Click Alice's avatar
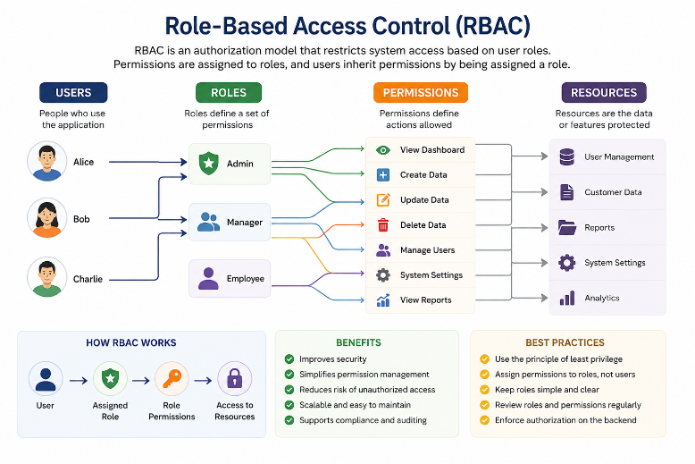coord(47,161)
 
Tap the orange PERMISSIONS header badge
coord(421,92)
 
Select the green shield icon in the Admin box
coord(208,164)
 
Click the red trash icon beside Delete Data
coord(383,225)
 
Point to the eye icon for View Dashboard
coord(383,150)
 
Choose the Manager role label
coord(245,223)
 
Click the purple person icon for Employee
coord(208,279)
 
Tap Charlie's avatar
coord(47,277)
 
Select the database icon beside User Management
coord(567,156)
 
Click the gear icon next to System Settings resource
coord(567,263)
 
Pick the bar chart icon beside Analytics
coord(567,298)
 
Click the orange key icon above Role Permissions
coord(172,379)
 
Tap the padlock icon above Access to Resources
coord(234,379)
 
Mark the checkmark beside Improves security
coord(289,359)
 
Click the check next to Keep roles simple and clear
coord(484,390)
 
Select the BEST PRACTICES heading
coord(565,342)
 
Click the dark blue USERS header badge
coord(73,92)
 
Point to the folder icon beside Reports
coord(567,227)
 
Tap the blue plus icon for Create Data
coord(383,174)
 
